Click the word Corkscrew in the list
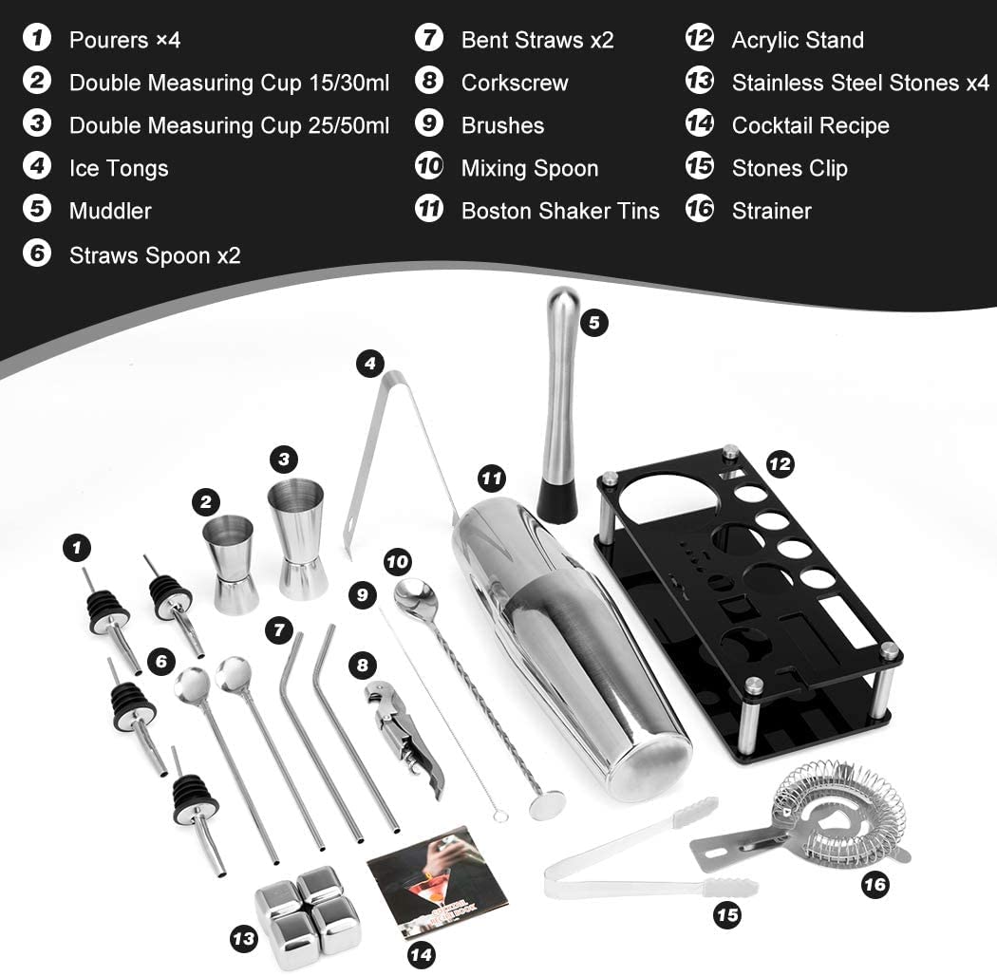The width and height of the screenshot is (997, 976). click(514, 83)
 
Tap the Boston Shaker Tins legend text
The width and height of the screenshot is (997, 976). click(559, 211)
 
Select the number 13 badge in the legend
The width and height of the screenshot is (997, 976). click(700, 82)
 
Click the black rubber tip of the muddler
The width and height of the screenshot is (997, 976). click(556, 499)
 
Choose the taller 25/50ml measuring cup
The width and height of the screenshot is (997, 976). click(297, 538)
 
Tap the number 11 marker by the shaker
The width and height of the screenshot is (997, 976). click(491, 479)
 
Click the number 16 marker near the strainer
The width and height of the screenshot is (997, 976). click(875, 885)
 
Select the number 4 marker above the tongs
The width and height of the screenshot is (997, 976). click(370, 363)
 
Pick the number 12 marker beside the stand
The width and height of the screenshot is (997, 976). click(779, 464)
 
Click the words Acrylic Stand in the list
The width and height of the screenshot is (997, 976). click(797, 40)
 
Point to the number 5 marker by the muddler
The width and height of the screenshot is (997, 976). click(593, 322)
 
